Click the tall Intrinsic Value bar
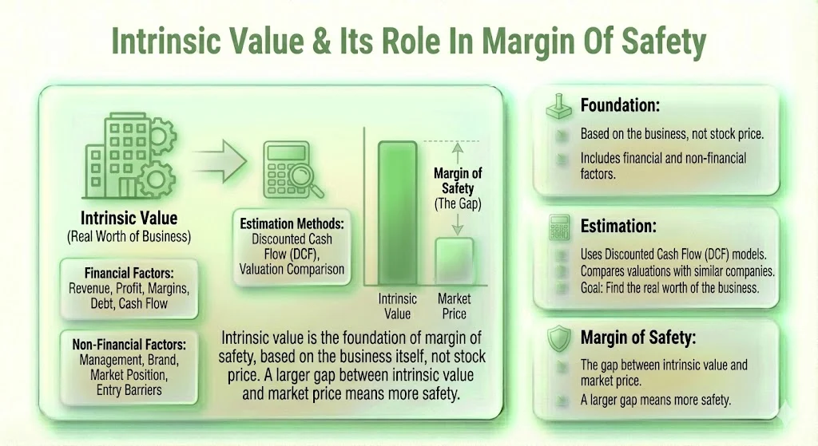pyautogui.click(x=397, y=213)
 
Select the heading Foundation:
pyautogui.click(x=618, y=105)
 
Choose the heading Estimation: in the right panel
pyautogui.click(x=617, y=225)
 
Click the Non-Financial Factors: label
pyautogui.click(x=129, y=345)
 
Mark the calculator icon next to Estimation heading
pyautogui.click(x=557, y=227)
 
